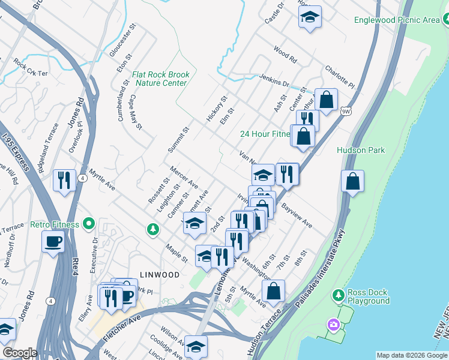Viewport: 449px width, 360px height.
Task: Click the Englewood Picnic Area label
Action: (405, 20)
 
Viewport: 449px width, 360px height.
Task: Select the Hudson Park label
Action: (360, 150)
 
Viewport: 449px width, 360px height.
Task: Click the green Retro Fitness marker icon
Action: (89, 224)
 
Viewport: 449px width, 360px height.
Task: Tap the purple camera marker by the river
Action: (333, 325)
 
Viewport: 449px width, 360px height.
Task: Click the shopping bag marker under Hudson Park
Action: (352, 180)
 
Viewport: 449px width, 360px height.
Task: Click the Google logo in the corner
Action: (20, 353)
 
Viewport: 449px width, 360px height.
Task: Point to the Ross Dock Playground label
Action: (368, 297)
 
